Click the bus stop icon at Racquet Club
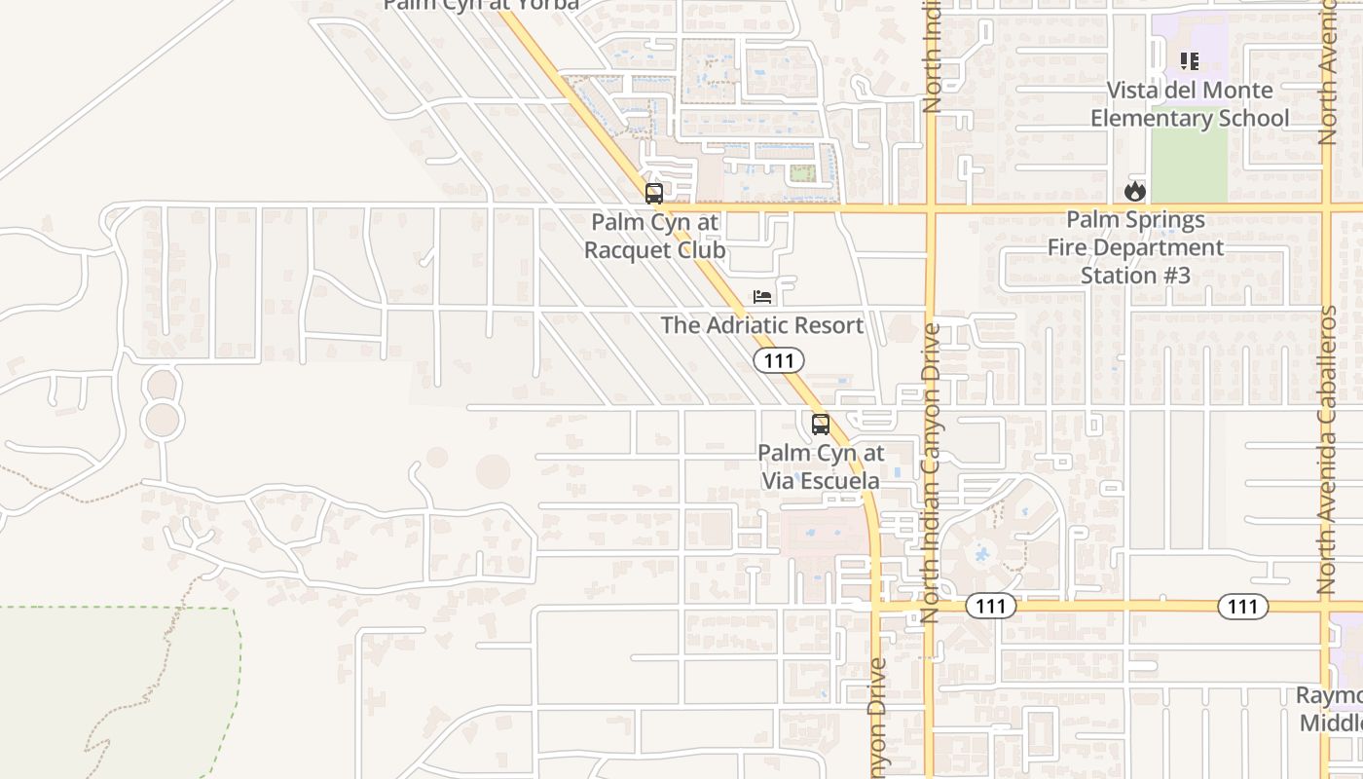coord(654,193)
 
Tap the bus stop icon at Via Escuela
coord(821,425)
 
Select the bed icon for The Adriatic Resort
coord(762,296)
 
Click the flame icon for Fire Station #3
coord(1134,192)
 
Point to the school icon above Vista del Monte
coord(1189,61)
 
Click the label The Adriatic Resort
coord(762,325)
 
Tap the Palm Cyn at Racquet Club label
coord(655,237)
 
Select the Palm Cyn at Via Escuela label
coord(821,466)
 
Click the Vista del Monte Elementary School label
coord(1189,104)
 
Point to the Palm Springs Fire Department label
coord(1135,247)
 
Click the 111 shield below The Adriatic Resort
coord(779,361)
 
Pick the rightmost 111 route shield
coord(1242,607)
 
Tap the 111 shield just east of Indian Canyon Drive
coord(990,607)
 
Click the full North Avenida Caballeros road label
coord(1327,450)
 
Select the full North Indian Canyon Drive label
coord(930,473)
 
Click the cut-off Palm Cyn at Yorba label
coord(481,5)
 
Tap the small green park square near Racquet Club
coord(802,173)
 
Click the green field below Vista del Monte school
coord(1189,167)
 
